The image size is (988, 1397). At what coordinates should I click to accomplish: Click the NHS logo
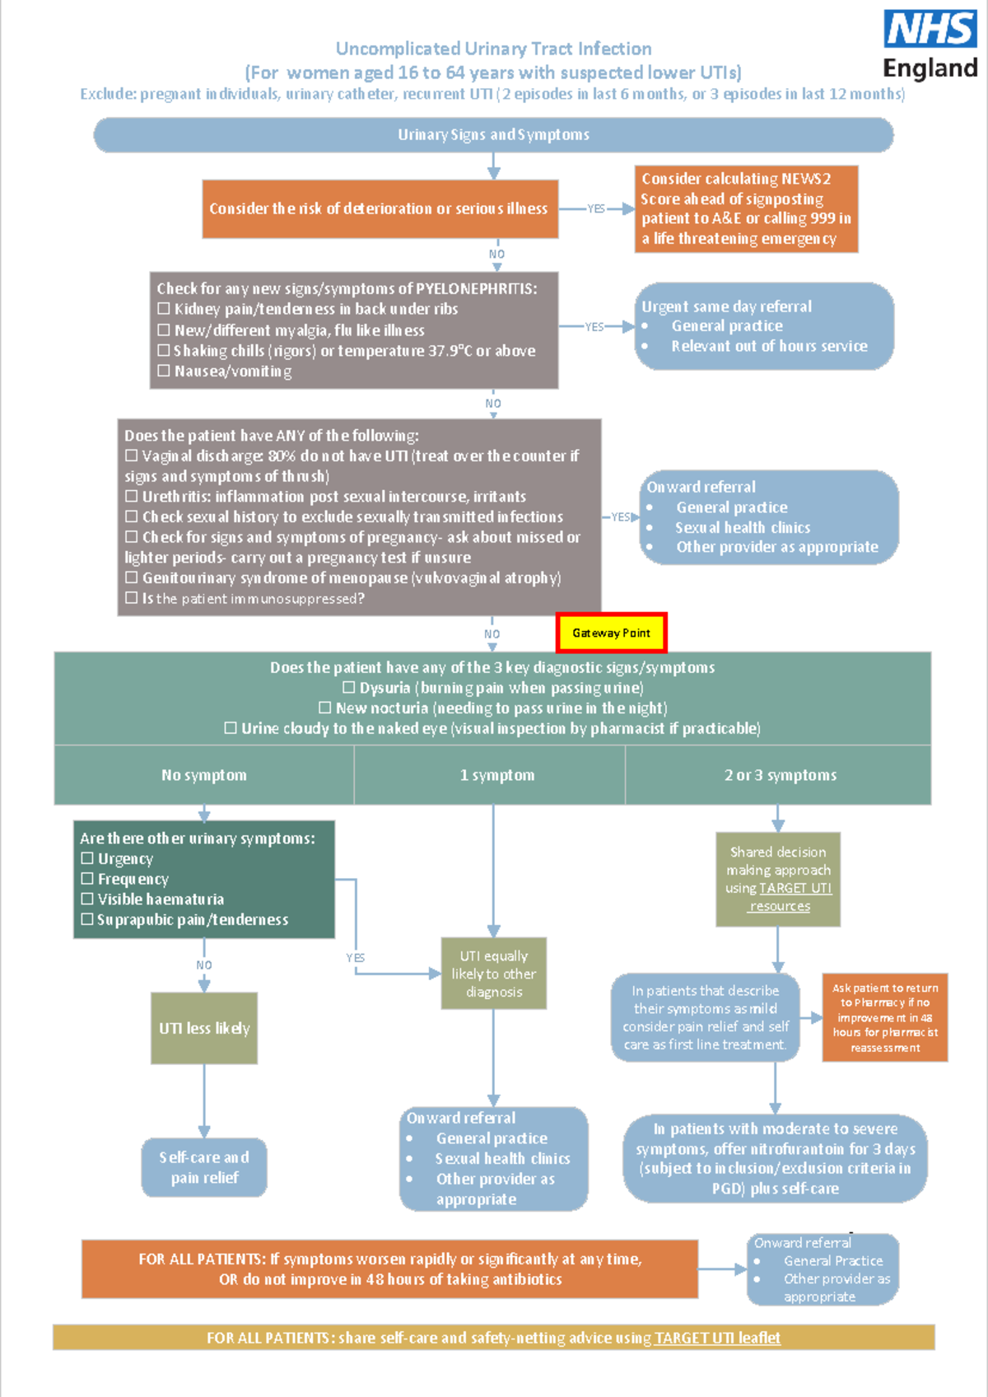tap(930, 29)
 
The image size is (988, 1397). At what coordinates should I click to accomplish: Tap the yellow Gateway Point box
tap(611, 633)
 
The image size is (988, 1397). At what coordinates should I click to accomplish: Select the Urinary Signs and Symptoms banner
tap(493, 134)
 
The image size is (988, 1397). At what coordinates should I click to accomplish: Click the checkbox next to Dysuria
tap(349, 687)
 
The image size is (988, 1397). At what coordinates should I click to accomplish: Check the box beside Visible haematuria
tap(87, 899)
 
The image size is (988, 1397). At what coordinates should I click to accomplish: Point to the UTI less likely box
tap(204, 1028)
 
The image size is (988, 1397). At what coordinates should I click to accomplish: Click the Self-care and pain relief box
tap(204, 1167)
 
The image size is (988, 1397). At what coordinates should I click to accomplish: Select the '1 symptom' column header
tap(496, 775)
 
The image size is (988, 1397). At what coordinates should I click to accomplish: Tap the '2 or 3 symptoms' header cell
tap(780, 775)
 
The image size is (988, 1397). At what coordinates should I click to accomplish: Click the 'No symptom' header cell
tap(204, 775)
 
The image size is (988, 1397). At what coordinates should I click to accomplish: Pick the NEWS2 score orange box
tap(746, 208)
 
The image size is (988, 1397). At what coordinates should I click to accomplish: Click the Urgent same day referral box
tap(764, 326)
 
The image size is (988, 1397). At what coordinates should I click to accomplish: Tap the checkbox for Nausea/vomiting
tap(164, 371)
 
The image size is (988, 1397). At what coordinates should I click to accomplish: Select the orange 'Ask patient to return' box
tap(885, 1017)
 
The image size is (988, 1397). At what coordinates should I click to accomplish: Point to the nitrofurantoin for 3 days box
tap(775, 1158)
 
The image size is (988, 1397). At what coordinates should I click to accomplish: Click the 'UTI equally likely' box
tap(493, 974)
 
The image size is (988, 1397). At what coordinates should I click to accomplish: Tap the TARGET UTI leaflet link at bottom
tap(717, 1338)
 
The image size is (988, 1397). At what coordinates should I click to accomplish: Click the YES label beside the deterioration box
tap(596, 208)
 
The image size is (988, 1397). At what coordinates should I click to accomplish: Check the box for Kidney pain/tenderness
tap(164, 308)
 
